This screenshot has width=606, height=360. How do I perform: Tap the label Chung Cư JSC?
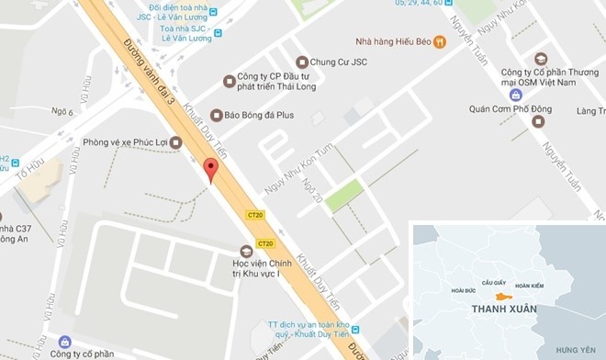point(338,62)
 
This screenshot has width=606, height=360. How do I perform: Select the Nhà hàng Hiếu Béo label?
point(393,41)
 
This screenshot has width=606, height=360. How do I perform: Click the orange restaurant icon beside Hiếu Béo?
point(440,40)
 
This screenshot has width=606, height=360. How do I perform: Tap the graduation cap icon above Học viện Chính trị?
point(245,251)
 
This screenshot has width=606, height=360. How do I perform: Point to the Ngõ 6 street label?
point(62,112)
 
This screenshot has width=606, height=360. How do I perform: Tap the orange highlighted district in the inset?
point(501,296)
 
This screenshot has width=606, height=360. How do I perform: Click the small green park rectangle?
point(344,196)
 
